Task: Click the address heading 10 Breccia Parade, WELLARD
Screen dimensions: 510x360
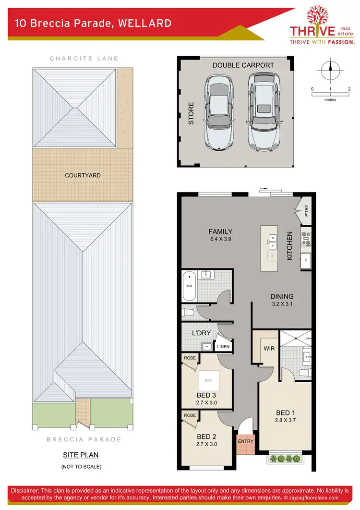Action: [93, 23]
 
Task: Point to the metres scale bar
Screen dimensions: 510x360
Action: [331, 95]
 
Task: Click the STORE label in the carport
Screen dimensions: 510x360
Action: [191, 113]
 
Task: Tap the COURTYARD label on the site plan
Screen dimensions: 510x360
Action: [83, 176]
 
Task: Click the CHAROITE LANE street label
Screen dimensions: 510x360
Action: [84, 59]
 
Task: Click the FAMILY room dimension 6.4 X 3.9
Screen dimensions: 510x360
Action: [220, 239]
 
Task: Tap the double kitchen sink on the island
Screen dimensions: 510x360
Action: [272, 242]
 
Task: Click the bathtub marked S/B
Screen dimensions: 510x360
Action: [189, 286]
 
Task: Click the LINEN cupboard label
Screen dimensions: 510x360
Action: [223, 346]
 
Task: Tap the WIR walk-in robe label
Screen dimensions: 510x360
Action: [269, 348]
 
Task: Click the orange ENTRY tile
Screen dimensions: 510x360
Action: [245, 441]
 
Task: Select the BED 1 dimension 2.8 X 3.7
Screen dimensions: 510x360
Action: [283, 421]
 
